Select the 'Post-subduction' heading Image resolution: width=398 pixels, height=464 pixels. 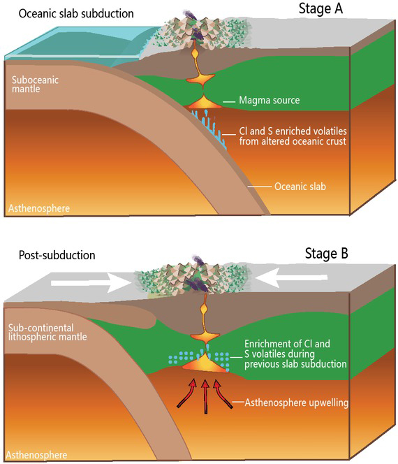coord(53,257)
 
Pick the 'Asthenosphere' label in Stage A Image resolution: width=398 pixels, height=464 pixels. coord(38,208)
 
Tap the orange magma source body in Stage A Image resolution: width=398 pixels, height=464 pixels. coord(203,103)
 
